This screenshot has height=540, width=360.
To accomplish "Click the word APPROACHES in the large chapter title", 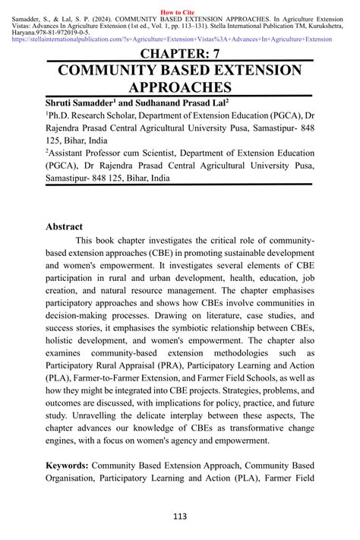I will point(179,89).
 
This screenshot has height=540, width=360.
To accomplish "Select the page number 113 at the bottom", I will point(179,517).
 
